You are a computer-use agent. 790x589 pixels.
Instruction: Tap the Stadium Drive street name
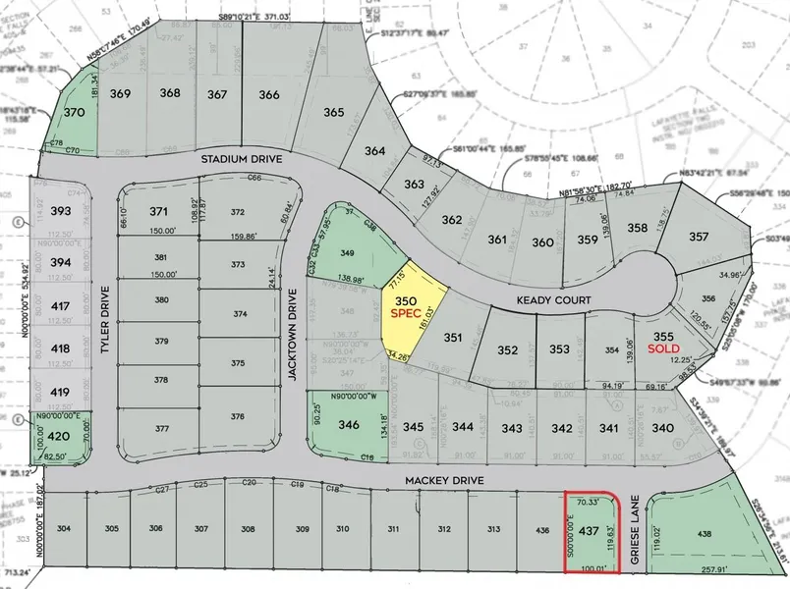242,158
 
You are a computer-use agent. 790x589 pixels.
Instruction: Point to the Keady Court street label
556,299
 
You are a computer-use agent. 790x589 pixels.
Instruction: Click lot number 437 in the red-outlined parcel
589,531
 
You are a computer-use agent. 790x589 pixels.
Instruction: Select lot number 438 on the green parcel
704,532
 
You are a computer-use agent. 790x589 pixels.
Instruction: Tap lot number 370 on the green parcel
75,113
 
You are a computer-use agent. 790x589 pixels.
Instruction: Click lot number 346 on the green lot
349,426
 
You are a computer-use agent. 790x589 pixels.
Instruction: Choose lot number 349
347,254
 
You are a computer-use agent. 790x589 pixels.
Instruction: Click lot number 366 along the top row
269,94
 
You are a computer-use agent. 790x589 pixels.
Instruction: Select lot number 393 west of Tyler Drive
61,211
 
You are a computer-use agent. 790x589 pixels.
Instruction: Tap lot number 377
162,428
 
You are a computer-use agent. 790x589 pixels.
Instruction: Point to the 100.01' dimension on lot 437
591,567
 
